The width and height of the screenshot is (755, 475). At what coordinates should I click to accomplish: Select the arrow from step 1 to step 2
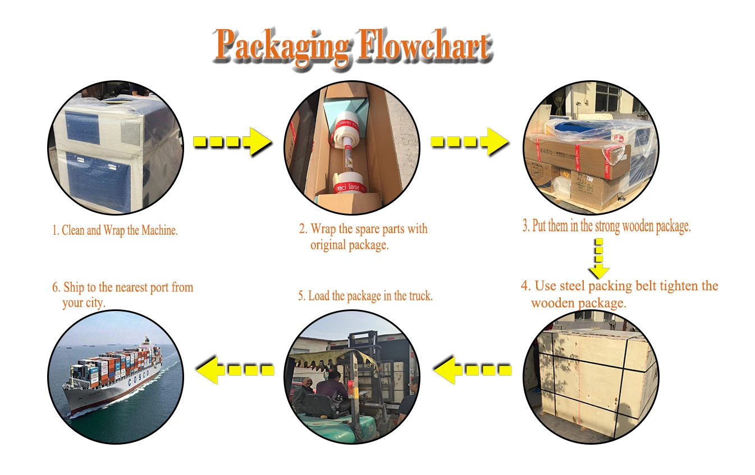(x=232, y=141)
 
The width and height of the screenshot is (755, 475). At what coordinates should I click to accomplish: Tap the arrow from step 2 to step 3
(x=469, y=141)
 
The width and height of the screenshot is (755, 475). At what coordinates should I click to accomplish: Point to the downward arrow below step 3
(x=599, y=259)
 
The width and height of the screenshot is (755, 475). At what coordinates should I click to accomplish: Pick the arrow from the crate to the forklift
(x=472, y=369)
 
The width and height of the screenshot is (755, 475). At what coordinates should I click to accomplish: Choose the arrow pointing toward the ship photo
(x=235, y=369)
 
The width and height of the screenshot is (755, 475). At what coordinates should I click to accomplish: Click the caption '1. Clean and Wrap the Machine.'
(x=115, y=230)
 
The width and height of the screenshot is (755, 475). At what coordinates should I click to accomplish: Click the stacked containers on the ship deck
(x=115, y=362)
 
